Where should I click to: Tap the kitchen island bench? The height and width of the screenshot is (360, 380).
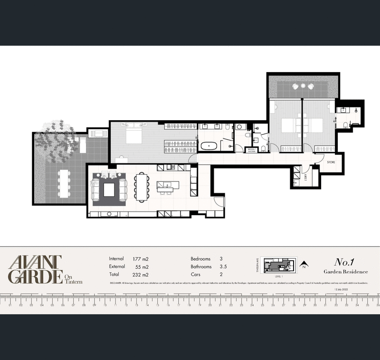(169, 187)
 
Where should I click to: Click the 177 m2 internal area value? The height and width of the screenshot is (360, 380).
(141, 259)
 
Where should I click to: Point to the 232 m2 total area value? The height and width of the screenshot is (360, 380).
(141, 275)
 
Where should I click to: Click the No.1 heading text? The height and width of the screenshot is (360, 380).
(345, 262)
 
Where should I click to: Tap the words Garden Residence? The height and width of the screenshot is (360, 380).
(345, 271)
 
